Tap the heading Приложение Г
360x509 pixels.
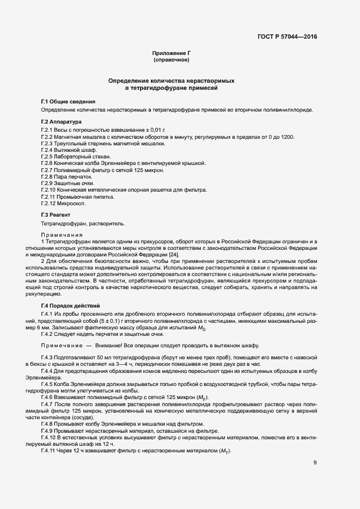(171, 53)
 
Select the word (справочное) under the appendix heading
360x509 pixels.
(171, 59)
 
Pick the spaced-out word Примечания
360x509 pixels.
(60, 235)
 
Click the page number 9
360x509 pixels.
(315, 463)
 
